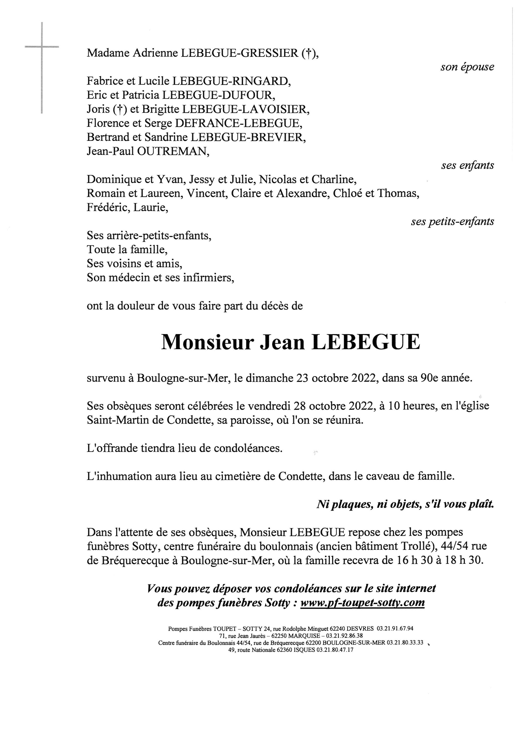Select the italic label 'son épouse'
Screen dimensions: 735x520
(467, 67)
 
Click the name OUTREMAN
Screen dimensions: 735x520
(173, 151)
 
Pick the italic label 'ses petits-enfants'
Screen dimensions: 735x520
(452, 222)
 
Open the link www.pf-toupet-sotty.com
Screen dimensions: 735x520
(362, 603)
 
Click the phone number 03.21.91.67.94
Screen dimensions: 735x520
(395, 628)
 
